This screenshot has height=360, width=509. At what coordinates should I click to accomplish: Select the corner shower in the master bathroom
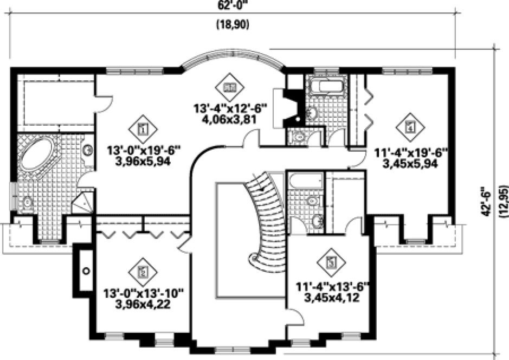point(82,203)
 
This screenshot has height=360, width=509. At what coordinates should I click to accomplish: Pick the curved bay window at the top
point(233,59)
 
